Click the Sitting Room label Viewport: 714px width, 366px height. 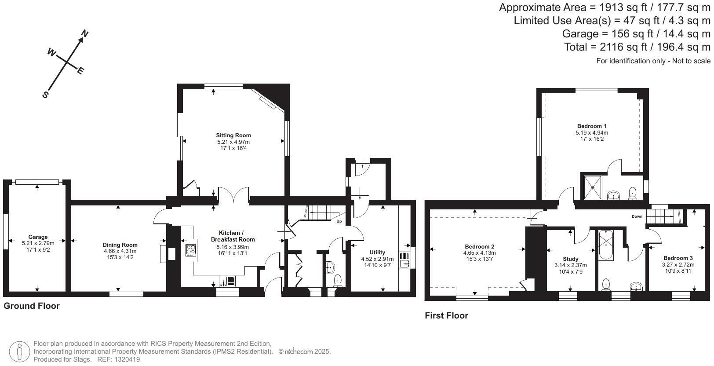point(233,135)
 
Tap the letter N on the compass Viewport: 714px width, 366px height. point(85,34)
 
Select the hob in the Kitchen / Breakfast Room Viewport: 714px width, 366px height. point(191,250)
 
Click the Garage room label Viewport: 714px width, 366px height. point(38,237)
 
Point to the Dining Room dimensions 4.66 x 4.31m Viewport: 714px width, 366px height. point(120,251)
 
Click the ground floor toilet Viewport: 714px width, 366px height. point(338,280)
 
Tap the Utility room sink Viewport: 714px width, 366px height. point(404,260)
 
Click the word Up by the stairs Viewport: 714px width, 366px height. point(339,221)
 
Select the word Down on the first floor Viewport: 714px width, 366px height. point(637,216)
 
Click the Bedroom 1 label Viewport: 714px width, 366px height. point(592,126)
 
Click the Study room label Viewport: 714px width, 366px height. point(570,259)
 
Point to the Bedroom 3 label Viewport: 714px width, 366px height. point(678,258)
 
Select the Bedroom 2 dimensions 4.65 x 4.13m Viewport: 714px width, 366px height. point(479,253)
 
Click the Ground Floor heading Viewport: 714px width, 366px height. point(32,306)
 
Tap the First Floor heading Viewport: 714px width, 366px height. point(446,315)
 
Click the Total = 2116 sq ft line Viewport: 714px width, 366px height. point(637,47)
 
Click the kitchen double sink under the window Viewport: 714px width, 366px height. point(228,281)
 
